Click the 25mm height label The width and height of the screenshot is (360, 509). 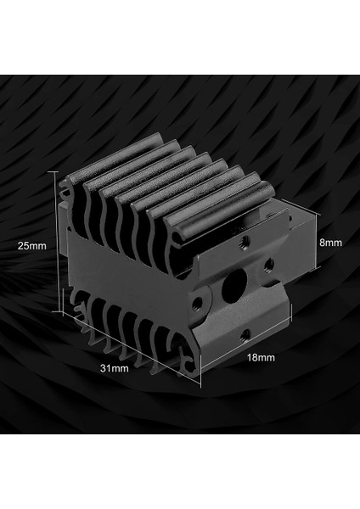coord(33,245)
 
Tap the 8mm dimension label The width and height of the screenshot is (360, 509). coord(330,242)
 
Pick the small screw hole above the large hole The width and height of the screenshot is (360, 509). coord(245,241)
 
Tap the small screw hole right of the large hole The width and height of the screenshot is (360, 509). coord(268,262)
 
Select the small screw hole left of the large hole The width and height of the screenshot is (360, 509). coord(199,299)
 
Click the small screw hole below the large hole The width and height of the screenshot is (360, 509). coord(244,333)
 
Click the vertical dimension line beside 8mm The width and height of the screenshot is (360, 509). coord(316,242)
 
